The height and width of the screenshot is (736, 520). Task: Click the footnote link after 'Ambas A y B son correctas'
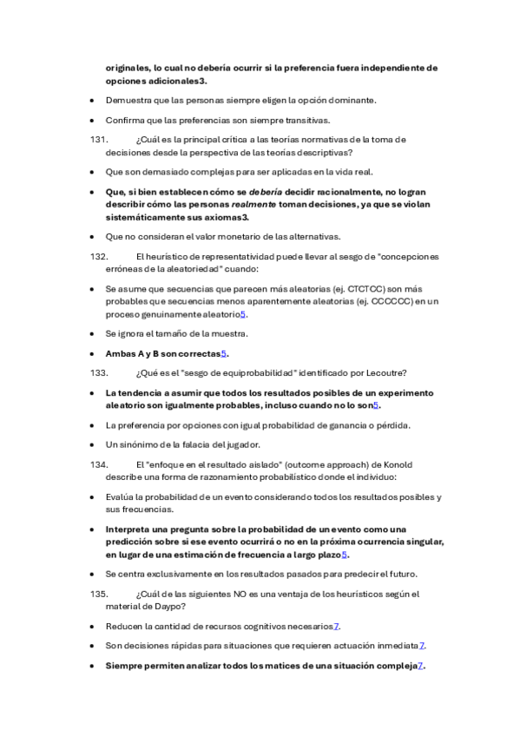pos(224,353)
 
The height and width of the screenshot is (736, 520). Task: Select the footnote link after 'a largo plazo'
pos(345,555)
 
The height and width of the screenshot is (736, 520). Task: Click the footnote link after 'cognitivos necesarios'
pos(336,626)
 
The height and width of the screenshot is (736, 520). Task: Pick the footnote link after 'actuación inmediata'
pos(422,646)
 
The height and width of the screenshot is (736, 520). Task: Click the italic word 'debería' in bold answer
pos(265,191)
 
